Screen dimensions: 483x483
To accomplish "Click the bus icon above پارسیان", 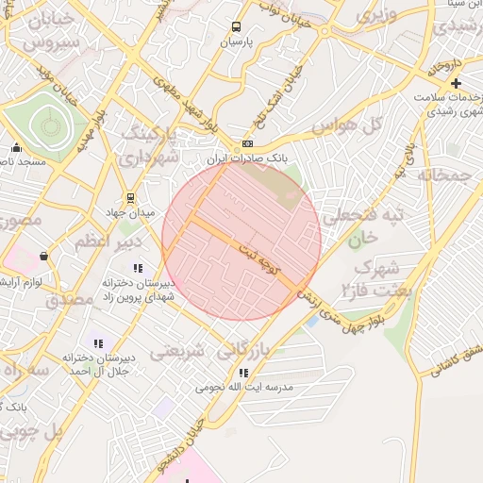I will click(236, 27).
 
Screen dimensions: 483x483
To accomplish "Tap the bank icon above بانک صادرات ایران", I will click(248, 143).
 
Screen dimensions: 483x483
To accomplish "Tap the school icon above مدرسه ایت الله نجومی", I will click(243, 374).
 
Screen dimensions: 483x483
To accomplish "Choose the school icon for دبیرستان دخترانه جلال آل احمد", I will click(98, 343).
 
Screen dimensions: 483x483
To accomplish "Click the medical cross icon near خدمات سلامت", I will click(457, 84).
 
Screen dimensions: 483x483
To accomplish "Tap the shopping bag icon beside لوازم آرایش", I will click(43, 256).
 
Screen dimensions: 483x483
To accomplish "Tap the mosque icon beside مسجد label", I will click(16, 147).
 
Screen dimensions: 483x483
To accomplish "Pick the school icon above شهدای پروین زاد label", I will click(139, 268).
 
